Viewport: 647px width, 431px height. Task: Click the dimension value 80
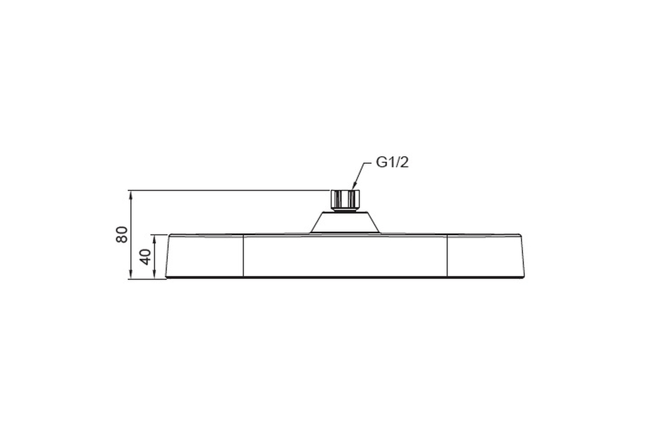pos(122,235)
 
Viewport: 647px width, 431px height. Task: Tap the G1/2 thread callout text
pos(393,163)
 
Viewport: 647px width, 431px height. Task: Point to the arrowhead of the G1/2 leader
pos(354,187)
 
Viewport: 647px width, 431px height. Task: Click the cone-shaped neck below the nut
pos(345,223)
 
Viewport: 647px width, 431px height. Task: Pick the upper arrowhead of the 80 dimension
pos(131,195)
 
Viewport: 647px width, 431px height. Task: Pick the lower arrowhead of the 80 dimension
pos(131,274)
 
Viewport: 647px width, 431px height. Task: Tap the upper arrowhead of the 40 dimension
pos(154,239)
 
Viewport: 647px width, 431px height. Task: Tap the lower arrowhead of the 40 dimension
pos(154,274)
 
